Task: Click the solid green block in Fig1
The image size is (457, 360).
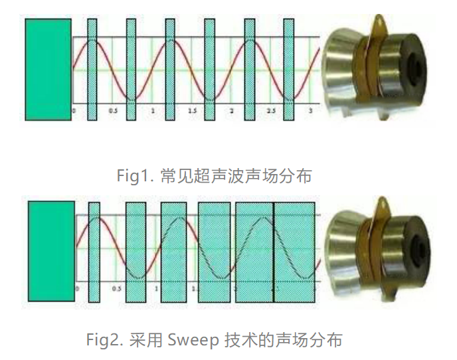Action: [48, 69]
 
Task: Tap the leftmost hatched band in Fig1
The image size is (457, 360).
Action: [92, 70]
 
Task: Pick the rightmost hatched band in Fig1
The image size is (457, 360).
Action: [289, 70]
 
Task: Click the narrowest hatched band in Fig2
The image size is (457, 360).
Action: [94, 252]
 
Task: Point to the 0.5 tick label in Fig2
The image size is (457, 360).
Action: [117, 290]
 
